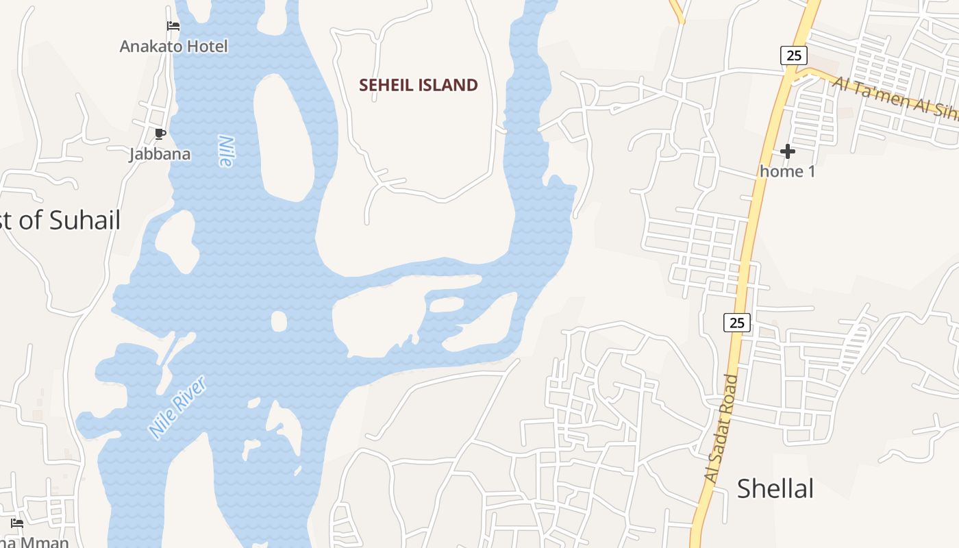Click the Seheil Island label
coord(419,85)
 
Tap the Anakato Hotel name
coord(173,47)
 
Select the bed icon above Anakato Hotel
coord(173,26)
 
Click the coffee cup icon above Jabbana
coord(160,134)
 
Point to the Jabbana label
coord(160,153)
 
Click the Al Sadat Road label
coord(721,429)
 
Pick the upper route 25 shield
coord(793,55)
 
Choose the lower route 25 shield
coord(736,322)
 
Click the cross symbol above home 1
coord(788,151)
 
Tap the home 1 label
coord(788,171)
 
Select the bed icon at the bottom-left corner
coord(17,523)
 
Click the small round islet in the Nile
coord(279,321)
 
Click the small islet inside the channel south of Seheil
coord(447,303)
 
